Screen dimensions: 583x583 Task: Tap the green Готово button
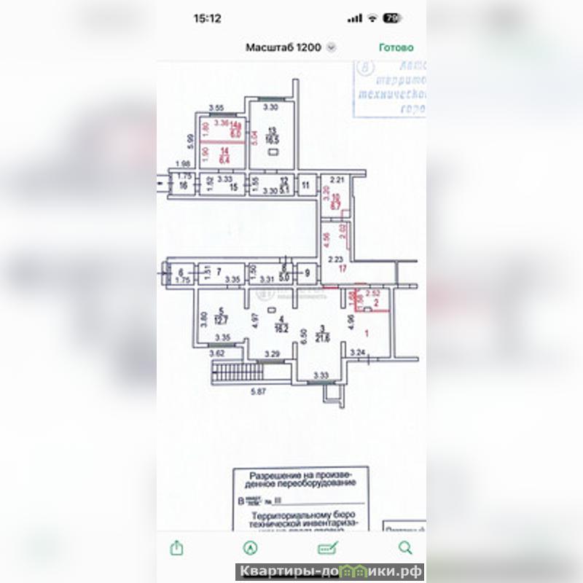(x=396, y=47)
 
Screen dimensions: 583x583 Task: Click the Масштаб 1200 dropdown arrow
(x=332, y=47)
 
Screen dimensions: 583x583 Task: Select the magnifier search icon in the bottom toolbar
(x=405, y=547)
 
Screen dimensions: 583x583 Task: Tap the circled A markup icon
(x=251, y=547)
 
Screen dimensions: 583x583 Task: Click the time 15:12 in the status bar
(x=208, y=18)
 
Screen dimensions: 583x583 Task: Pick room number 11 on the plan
(x=306, y=186)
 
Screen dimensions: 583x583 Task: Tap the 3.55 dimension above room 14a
(x=216, y=108)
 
